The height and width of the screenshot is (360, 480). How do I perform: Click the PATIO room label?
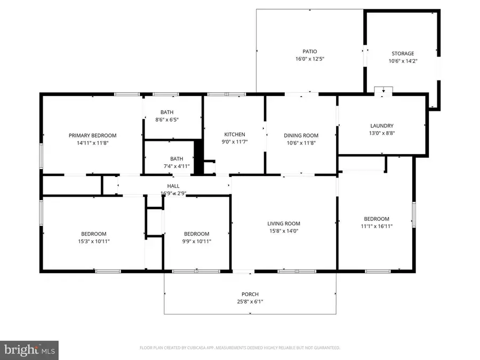(310, 51)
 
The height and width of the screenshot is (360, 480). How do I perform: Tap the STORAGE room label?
(403, 53)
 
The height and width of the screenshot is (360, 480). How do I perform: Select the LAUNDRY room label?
(381, 126)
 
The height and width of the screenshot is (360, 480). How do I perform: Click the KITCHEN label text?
(235, 134)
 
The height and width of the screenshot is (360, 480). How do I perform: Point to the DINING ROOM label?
(301, 135)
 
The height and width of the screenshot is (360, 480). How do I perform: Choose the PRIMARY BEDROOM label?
(92, 135)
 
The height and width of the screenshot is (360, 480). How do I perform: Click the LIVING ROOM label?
(284, 223)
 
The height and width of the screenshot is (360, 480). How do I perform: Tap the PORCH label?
(250, 294)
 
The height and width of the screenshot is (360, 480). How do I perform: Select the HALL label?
(173, 186)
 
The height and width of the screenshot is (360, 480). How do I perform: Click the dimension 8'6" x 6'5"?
(167, 119)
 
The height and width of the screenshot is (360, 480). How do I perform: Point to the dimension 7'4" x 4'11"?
(176, 166)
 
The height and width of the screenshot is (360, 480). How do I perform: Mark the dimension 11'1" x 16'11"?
(377, 226)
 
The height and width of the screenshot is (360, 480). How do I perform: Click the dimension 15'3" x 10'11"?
(94, 241)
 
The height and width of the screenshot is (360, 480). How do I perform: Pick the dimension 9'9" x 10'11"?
(196, 241)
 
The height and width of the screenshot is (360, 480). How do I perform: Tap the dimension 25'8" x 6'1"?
(250, 301)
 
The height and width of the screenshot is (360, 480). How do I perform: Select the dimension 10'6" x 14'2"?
(403, 61)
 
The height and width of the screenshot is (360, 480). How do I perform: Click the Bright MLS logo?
(29, 350)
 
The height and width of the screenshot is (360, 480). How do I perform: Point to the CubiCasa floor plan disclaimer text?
(240, 348)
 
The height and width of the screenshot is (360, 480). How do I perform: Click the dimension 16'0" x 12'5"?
(310, 59)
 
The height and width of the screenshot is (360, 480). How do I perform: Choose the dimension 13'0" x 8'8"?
(381, 133)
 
